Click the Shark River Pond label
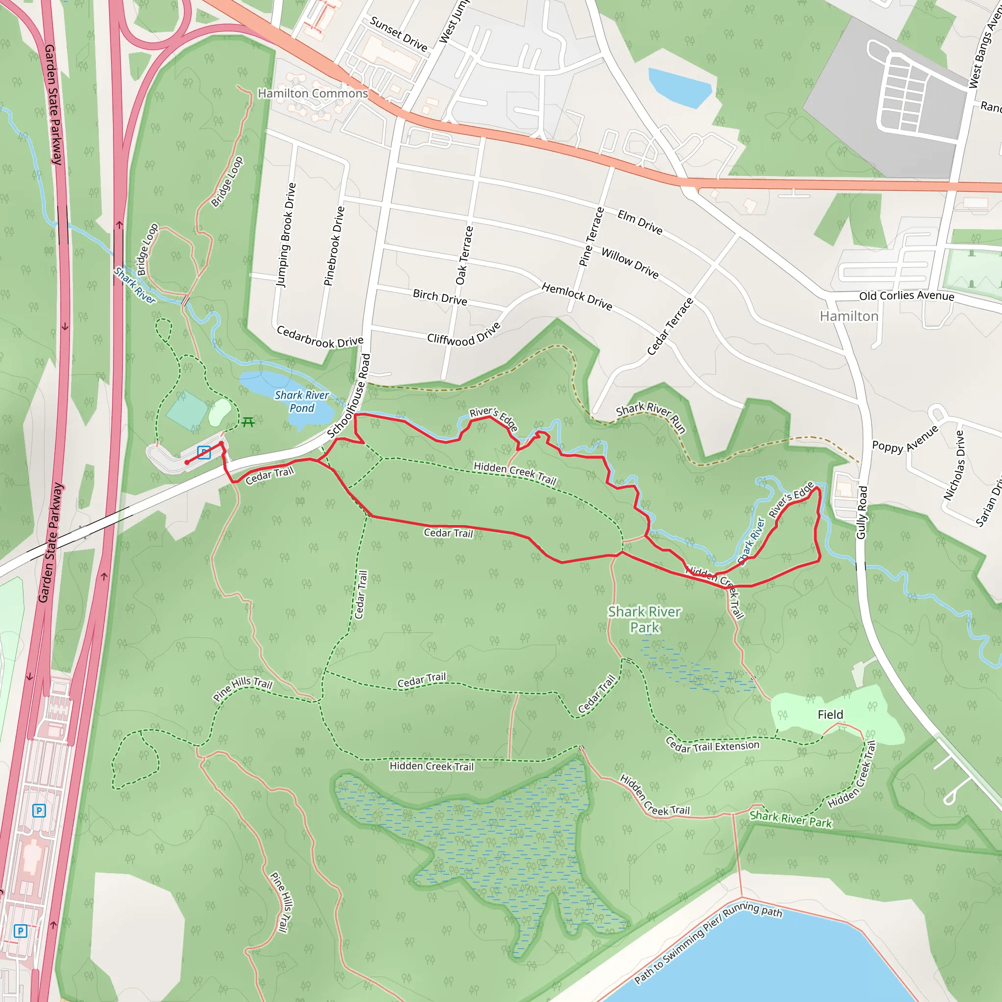point(301,401)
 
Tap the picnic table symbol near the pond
point(248,422)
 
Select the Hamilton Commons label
point(313,93)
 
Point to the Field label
point(830,715)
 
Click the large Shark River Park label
point(644,619)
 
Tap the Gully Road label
point(862,512)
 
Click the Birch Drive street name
point(440,297)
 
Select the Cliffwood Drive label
point(464,334)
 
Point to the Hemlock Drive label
point(577,296)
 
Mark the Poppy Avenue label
point(905,439)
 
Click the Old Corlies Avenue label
point(907,296)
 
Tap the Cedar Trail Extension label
point(712,746)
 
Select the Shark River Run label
point(651,416)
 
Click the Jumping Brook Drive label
point(286,234)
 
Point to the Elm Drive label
point(640,222)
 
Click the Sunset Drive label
point(398,34)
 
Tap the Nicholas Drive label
point(953,465)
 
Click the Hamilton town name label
point(848,317)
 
